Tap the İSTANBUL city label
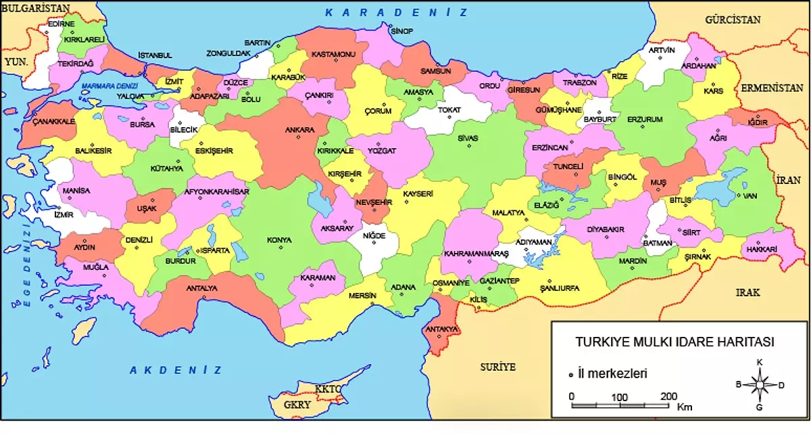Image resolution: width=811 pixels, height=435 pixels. tap(155, 55)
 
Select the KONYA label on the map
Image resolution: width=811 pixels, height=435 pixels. tap(279, 240)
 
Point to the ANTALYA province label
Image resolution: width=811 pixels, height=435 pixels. tap(202, 288)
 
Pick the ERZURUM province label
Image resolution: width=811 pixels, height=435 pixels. tap(645, 119)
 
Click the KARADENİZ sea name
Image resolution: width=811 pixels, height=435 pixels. tap(396, 13)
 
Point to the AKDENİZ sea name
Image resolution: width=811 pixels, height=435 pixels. tap(176, 370)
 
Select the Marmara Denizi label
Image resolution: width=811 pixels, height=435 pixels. tap(109, 86)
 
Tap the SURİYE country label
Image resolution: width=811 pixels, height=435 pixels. tap(497, 367)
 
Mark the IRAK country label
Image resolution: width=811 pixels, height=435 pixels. tap(747, 293)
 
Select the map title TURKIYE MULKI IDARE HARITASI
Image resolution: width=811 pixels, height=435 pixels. tap(674, 342)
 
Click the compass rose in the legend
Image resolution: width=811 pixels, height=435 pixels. tap(759, 385)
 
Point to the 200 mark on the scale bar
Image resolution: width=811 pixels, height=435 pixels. tap(668, 396)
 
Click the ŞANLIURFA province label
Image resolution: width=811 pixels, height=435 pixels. tap(559, 288)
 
